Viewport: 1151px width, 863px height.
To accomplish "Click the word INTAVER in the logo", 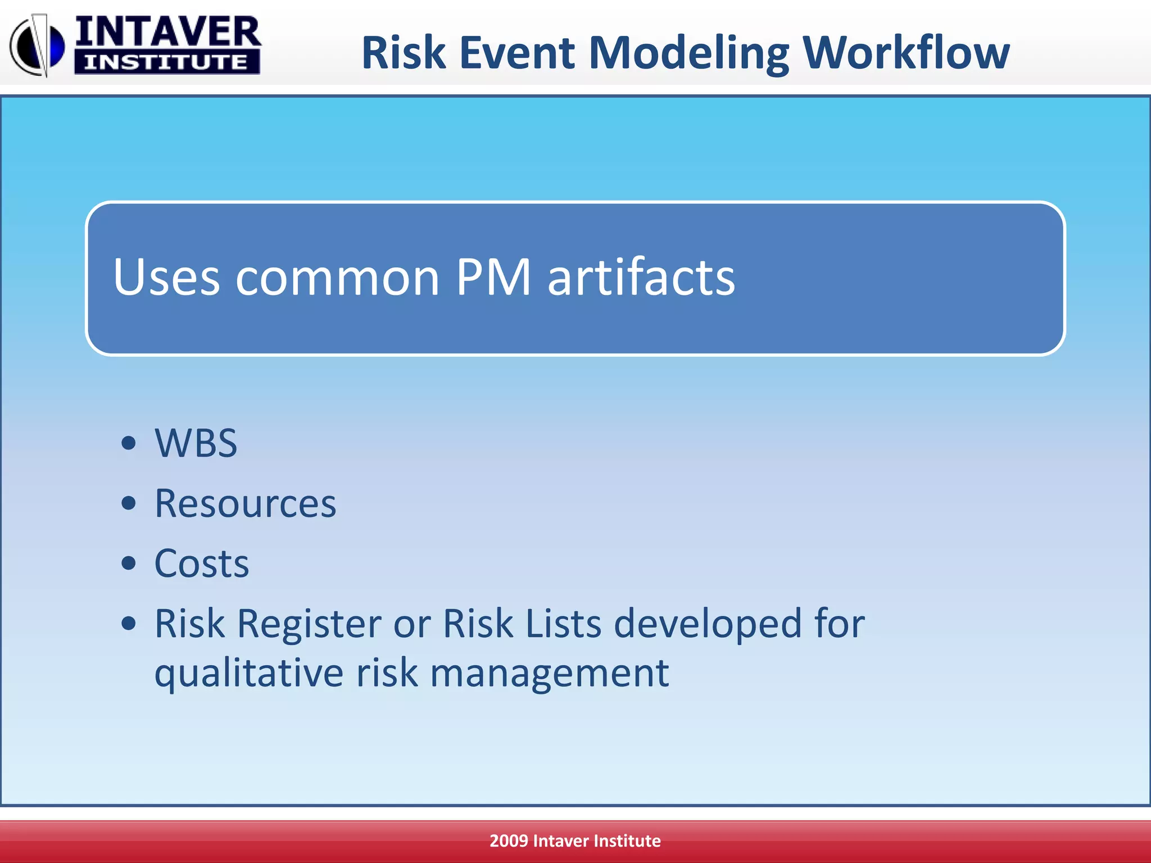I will click(167, 32).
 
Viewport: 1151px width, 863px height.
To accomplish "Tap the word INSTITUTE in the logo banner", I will click(166, 62).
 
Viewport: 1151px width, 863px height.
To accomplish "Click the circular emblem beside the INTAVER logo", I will click(37, 45).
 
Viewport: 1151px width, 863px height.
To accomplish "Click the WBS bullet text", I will click(196, 443).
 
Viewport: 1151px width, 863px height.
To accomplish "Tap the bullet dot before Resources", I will click(129, 503).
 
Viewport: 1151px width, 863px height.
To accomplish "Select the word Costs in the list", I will click(201, 563).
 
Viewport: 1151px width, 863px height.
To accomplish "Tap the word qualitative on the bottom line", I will click(248, 673).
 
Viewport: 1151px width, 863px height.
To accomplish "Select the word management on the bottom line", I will click(549, 673).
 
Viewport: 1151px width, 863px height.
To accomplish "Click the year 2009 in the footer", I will click(508, 841).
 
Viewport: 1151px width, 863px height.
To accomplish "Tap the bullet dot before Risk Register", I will click(129, 623).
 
